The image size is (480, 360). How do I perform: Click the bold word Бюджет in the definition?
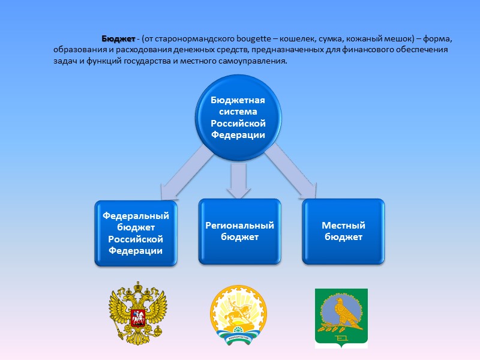pos(118,38)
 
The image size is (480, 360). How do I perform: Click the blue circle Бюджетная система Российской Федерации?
pos(238,118)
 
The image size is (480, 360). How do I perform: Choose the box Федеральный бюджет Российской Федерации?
pos(136,233)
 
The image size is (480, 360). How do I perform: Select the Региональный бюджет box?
pos(239,231)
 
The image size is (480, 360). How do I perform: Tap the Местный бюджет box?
pos(344,231)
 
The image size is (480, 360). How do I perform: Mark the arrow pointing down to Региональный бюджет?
pos(239,181)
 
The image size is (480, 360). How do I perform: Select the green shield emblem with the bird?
pos(341,318)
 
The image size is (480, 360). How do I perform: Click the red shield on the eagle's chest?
pos(137,316)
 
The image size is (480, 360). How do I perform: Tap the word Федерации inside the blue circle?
pos(238,134)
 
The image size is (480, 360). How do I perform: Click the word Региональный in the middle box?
pos(239,226)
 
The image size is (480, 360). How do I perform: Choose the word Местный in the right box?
pos(344,226)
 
